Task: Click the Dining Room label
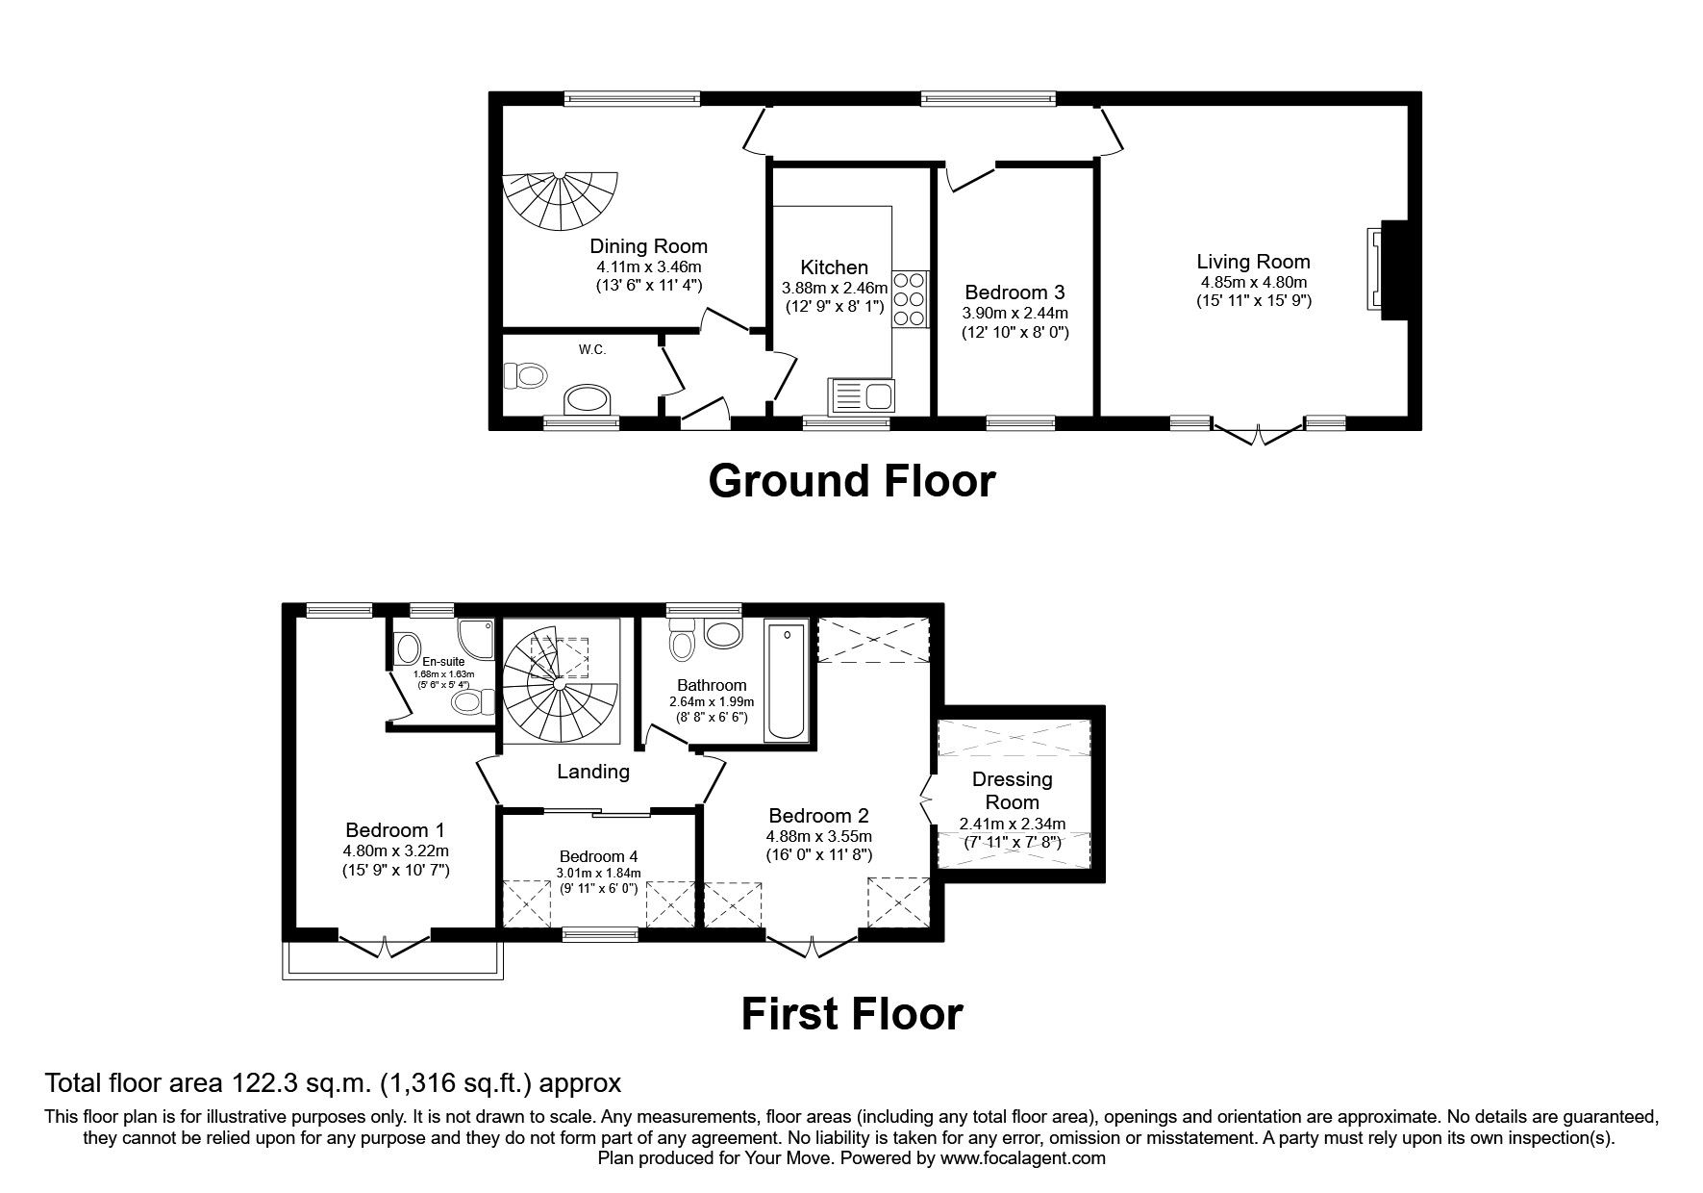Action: click(x=648, y=246)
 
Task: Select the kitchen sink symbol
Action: click(x=861, y=395)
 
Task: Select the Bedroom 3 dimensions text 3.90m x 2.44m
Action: click(x=1014, y=313)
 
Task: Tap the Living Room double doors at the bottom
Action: click(x=1257, y=432)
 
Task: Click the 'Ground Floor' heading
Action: click(x=851, y=480)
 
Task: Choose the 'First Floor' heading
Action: click(x=851, y=1014)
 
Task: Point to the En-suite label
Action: click(x=443, y=662)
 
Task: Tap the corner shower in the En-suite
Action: click(x=477, y=636)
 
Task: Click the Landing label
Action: click(x=593, y=772)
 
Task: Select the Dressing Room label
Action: click(x=1012, y=790)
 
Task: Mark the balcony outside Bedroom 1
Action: click(x=392, y=962)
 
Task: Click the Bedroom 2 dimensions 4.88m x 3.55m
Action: click(x=818, y=836)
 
